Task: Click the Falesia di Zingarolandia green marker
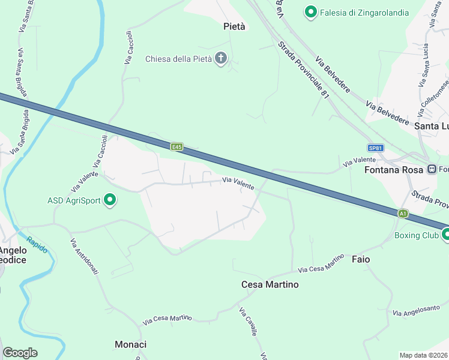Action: pos(311,12)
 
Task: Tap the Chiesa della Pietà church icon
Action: pos(221,59)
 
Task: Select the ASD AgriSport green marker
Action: pos(110,200)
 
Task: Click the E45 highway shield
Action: pos(176,146)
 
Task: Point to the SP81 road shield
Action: pos(376,148)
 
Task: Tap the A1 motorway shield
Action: pos(403,213)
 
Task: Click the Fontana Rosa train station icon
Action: pos(432,169)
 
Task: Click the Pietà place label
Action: pos(234,26)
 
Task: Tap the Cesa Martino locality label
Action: pos(270,284)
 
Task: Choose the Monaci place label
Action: pos(130,344)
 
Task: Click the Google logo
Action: pos(20,353)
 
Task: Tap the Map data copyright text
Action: pos(423,355)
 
